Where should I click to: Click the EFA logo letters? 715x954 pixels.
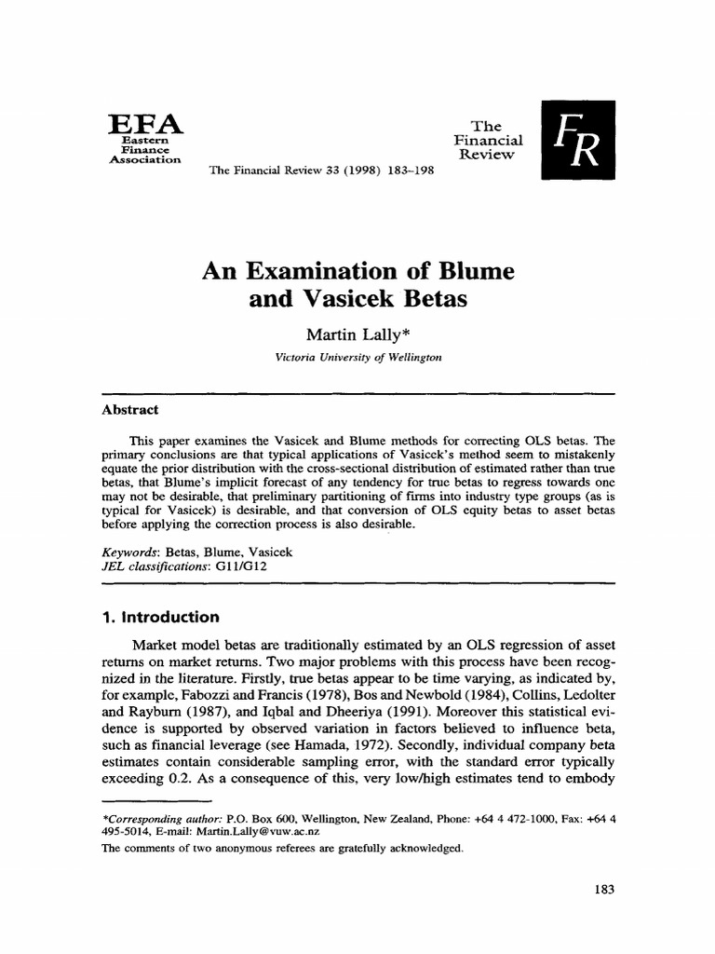146,124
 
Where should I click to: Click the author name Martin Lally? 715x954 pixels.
357,335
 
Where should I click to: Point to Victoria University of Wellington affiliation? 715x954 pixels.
357,357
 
